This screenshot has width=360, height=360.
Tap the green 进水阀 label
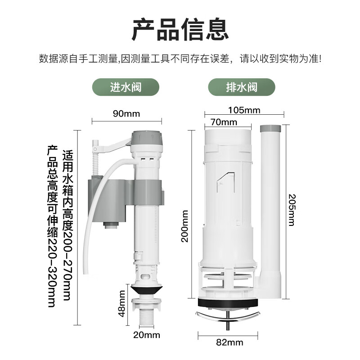click(x=126, y=87)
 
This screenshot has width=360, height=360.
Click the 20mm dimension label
click(x=146, y=335)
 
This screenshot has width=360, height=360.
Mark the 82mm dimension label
click(x=229, y=342)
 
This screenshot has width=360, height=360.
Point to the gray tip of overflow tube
click(x=271, y=129)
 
